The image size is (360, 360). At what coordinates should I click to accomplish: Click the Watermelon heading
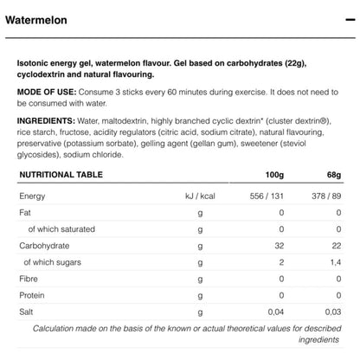pos(40,18)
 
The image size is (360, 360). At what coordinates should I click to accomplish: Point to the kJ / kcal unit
pos(200,196)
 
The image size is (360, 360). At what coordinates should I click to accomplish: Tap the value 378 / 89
pos(324,196)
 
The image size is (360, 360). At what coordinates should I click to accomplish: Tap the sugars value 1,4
pos(334,260)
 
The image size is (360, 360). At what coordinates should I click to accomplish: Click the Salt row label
pos(28,310)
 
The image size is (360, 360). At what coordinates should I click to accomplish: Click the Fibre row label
pos(29,278)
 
